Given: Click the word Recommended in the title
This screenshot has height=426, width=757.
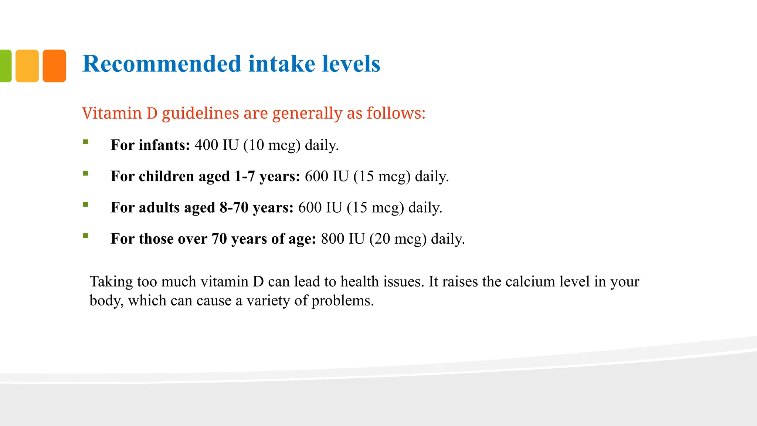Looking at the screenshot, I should (x=162, y=64).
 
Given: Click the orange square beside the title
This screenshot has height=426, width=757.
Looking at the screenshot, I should (x=54, y=66).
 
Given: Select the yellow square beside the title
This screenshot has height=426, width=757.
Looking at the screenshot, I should (x=27, y=66).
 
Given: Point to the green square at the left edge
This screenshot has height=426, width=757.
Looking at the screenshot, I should (x=5, y=66).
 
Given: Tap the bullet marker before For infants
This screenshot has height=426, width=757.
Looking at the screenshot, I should (x=86, y=142).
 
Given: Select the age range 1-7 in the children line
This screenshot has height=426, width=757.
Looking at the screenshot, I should (x=244, y=176).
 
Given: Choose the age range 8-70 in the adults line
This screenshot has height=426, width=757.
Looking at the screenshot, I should (x=234, y=207).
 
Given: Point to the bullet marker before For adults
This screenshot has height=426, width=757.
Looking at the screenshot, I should (x=86, y=204).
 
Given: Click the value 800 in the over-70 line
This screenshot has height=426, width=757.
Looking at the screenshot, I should (x=332, y=239).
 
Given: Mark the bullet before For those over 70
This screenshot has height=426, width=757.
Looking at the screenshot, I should (x=86, y=236).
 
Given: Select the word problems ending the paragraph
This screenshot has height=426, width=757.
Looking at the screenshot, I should (x=342, y=301).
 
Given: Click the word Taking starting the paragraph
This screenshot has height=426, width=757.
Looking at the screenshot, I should (x=111, y=282).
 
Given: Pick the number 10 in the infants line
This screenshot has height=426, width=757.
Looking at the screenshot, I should (x=256, y=145).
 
